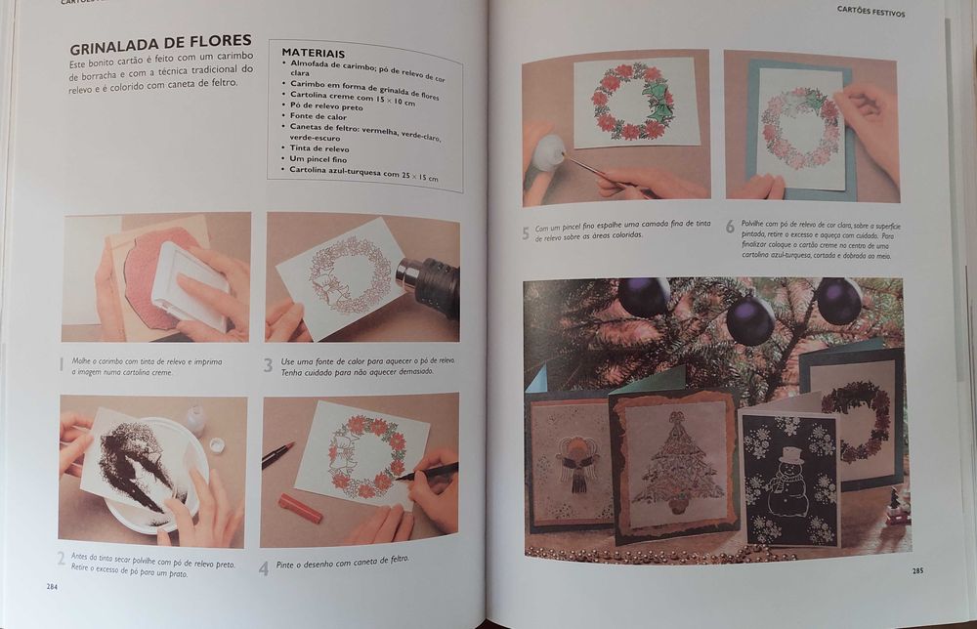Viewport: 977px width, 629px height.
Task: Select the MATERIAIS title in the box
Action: click(x=313, y=53)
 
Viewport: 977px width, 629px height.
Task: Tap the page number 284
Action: click(x=51, y=586)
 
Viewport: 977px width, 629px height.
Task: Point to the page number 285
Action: click(x=917, y=570)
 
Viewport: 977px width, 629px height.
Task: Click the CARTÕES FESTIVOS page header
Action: click(x=871, y=13)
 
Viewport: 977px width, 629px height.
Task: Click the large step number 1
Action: click(x=62, y=364)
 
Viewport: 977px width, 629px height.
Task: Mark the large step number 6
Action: click(x=730, y=227)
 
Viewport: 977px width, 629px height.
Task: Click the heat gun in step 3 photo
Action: click(x=430, y=282)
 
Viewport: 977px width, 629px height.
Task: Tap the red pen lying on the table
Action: click(x=300, y=509)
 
